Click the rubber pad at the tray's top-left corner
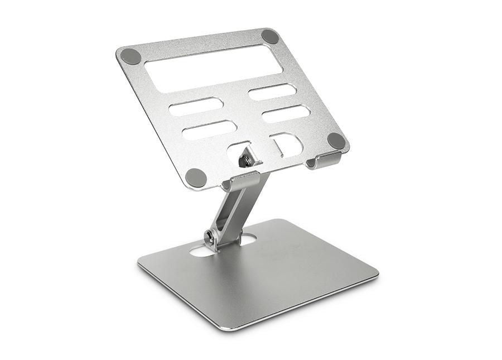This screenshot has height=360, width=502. pyautogui.click(x=131, y=56)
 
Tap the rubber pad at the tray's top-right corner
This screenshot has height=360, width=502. pyautogui.click(x=270, y=36)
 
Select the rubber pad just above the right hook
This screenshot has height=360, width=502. pyautogui.click(x=336, y=141)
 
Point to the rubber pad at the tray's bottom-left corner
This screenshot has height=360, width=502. pyautogui.click(x=196, y=177)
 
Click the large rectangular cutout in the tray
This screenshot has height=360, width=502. pyautogui.click(x=214, y=68)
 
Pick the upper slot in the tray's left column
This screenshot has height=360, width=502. pyautogui.click(x=196, y=106)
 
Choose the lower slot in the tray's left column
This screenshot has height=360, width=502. pyautogui.click(x=209, y=129)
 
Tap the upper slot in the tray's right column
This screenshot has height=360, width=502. pyautogui.click(x=272, y=92)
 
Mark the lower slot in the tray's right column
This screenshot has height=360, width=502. pyautogui.click(x=286, y=114)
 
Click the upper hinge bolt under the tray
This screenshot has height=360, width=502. pyautogui.click(x=244, y=161)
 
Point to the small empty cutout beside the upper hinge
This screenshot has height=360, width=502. pyautogui.click(x=286, y=145)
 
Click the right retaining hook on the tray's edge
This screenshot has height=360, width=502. pyautogui.click(x=324, y=161)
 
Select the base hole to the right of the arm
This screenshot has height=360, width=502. pyautogui.click(x=248, y=239)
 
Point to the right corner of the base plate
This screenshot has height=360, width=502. pyautogui.click(x=376, y=273)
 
